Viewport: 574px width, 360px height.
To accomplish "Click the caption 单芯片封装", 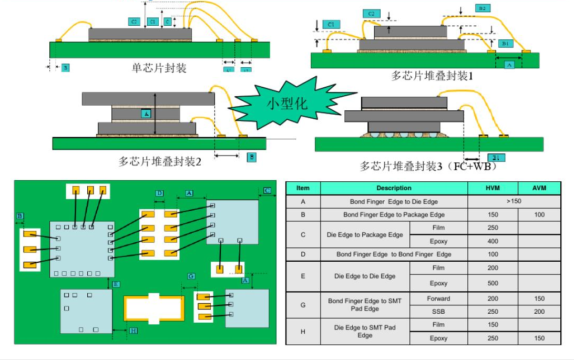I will (159, 68).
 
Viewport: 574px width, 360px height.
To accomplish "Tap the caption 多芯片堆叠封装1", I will (432, 76).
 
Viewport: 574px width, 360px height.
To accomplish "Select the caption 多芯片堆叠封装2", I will (160, 161).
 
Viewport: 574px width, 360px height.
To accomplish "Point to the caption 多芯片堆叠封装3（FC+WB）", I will (428, 166).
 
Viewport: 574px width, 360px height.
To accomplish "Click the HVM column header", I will (493, 188).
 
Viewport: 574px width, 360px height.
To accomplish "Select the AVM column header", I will (539, 188).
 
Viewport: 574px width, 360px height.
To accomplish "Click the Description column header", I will (394, 188).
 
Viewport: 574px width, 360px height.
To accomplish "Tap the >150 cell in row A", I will (514, 201).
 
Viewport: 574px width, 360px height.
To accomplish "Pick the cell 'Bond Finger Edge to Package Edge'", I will (394, 214).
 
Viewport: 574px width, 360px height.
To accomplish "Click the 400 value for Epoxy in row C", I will (493, 241).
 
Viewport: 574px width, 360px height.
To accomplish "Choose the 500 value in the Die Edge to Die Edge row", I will (493, 283).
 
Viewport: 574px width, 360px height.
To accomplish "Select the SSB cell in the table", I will (438, 312).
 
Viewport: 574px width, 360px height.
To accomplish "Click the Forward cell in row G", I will (438, 299).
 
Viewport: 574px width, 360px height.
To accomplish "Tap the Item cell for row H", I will (303, 332).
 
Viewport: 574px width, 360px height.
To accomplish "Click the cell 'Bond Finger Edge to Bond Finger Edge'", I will (394, 254).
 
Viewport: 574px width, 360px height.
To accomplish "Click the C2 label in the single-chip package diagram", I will (134, 22).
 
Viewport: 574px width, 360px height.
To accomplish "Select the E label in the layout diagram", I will (116, 284).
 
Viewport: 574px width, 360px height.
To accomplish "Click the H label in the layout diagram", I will (133, 331).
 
